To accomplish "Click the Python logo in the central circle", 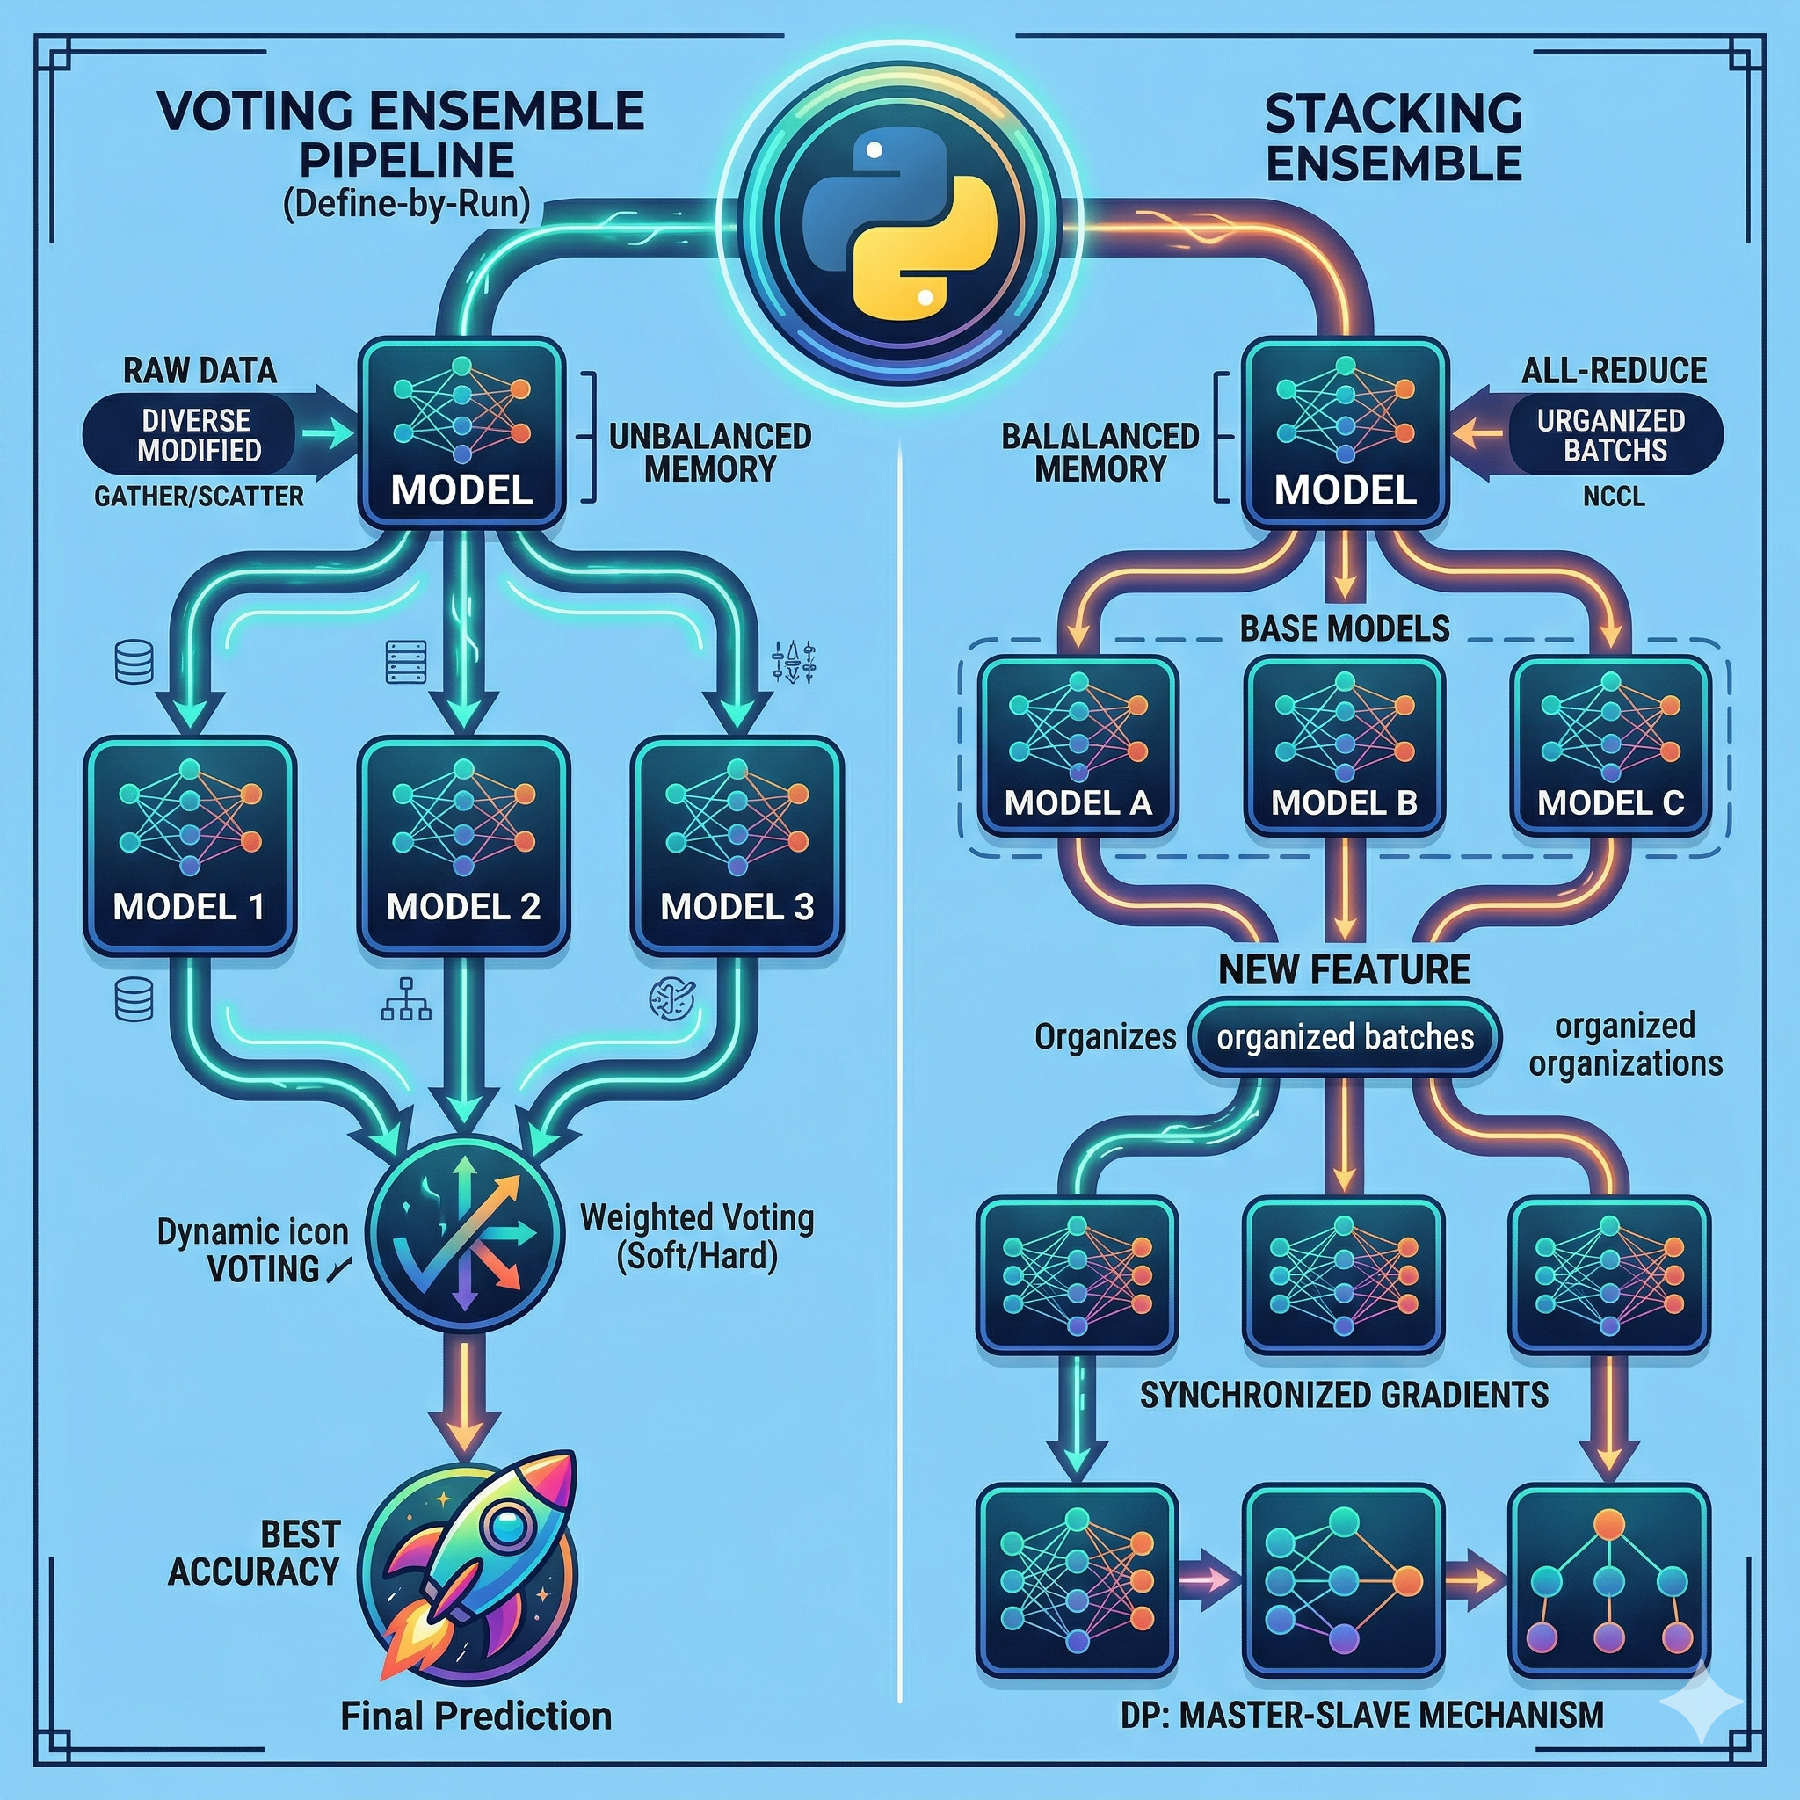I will click(x=899, y=223).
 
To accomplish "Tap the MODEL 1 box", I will click(x=189, y=846).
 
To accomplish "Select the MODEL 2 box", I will click(x=463, y=846).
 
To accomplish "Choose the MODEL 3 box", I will click(x=737, y=846).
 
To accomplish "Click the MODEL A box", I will click(x=1078, y=745).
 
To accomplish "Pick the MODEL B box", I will click(x=1345, y=745).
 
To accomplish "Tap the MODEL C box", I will click(x=1611, y=745).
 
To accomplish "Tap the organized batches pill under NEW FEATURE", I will click(x=1345, y=1037).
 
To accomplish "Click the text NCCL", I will click(x=1613, y=497).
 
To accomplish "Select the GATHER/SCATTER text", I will click(x=199, y=497).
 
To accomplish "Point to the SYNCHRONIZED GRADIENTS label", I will click(x=1344, y=1395).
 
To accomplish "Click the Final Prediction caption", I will click(x=475, y=1716).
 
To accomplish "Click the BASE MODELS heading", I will click(x=1345, y=629).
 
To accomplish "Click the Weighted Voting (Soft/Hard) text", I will click(x=697, y=1237).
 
